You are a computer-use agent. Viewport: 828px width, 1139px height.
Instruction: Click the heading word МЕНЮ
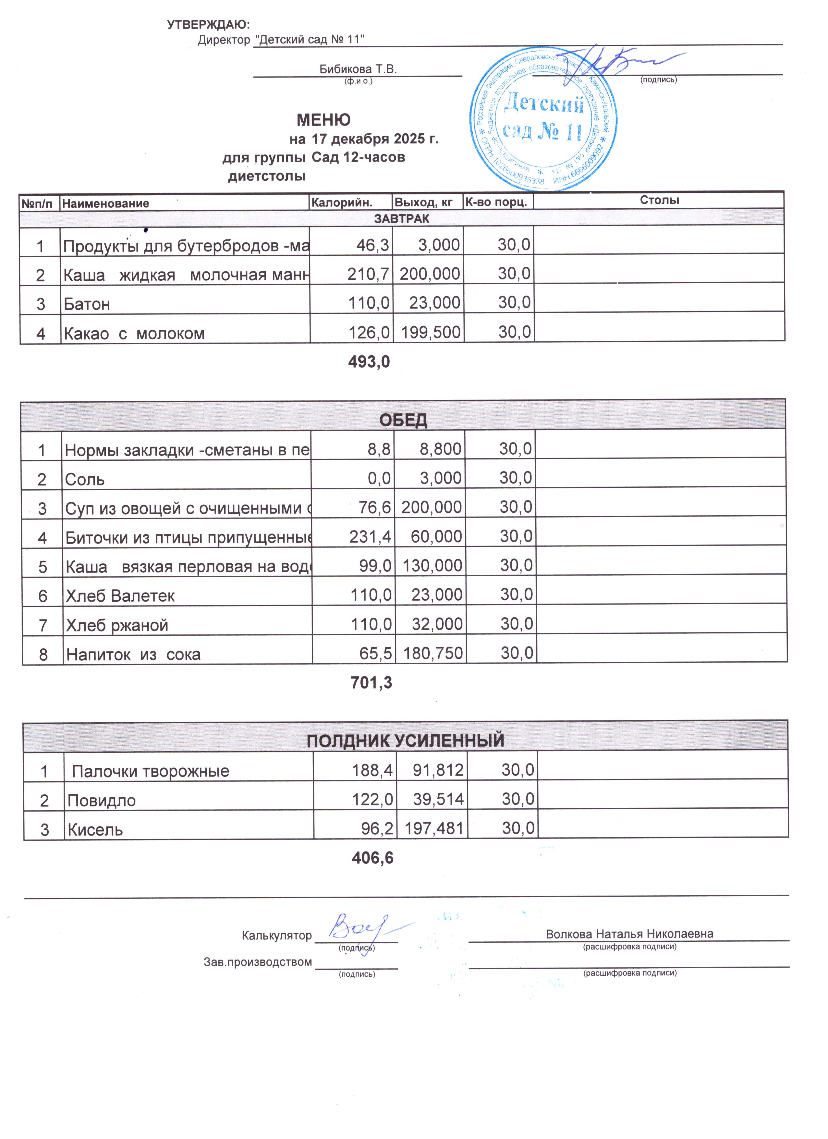323,120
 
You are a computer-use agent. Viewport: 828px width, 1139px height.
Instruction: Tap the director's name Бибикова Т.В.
358,69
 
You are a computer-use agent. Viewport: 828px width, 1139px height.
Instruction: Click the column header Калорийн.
342,202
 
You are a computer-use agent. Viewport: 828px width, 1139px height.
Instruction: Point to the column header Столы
659,200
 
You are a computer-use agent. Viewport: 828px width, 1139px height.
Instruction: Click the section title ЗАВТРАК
402,218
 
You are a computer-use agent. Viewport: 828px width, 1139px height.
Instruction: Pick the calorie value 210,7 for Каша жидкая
369,274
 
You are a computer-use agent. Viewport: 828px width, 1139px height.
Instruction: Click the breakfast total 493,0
369,361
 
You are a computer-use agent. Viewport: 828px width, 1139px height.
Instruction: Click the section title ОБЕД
403,420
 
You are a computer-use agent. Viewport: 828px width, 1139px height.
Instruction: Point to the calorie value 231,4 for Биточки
371,537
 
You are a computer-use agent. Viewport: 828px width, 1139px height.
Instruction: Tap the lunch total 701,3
371,682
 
